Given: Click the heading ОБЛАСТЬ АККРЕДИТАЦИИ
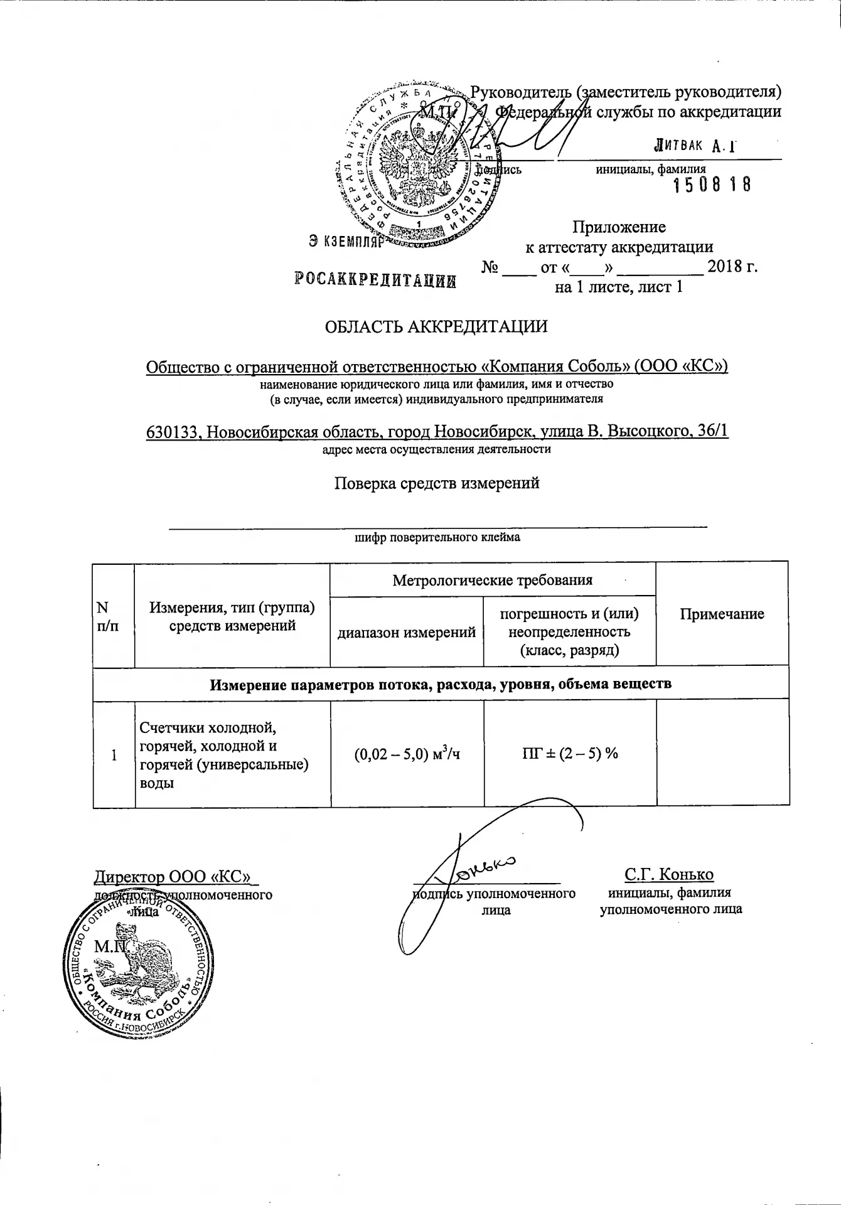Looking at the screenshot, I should [436, 327].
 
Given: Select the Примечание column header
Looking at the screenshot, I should [722, 614].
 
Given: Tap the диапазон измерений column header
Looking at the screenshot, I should [407, 633].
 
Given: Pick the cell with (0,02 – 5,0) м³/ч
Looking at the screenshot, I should [407, 753].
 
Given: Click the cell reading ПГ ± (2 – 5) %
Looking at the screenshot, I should [570, 753].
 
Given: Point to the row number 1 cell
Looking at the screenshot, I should [114, 755].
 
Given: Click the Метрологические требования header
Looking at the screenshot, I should [493, 580].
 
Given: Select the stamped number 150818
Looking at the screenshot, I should [712, 185].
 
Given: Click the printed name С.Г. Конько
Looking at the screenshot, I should [669, 875].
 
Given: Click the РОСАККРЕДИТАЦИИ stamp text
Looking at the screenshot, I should [375, 280].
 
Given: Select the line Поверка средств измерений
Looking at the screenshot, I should [436, 483].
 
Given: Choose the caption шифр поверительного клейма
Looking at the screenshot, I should [437, 537].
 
